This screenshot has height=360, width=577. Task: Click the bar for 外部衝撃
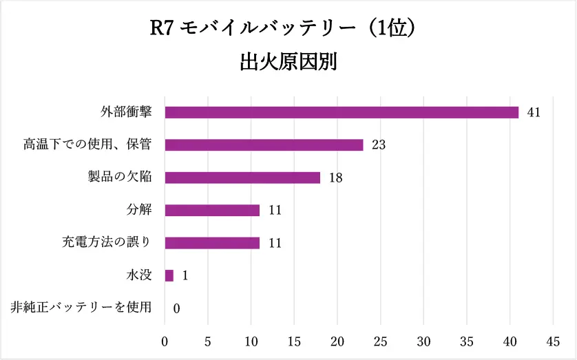[342, 112]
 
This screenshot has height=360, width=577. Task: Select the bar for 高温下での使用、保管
[264, 145]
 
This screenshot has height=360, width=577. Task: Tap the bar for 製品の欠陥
[242, 178]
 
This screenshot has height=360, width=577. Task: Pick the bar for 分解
[212, 210]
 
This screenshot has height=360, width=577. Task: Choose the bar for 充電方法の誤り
[212, 242]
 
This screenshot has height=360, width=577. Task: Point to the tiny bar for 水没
[169, 275]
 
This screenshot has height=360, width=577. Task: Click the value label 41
[533, 112]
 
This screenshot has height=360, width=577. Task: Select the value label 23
[377, 145]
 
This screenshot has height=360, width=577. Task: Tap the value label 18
[335, 178]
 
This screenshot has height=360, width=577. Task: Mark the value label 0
[176, 308]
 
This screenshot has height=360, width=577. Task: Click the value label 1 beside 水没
[185, 275]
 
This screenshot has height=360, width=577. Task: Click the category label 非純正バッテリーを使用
[81, 308]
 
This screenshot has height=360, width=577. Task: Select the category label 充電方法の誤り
[106, 242]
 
